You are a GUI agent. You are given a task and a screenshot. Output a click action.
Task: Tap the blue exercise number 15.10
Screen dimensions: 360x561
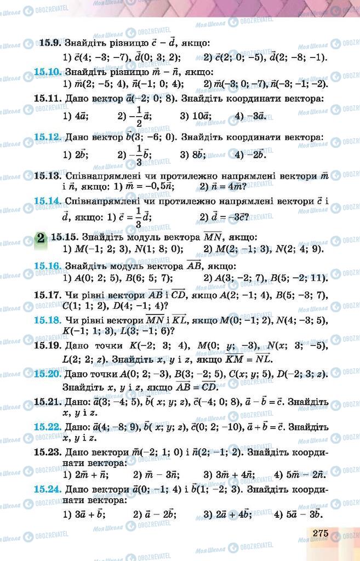pos(47,71)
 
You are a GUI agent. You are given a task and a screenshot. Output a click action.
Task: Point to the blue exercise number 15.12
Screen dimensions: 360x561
pos(47,137)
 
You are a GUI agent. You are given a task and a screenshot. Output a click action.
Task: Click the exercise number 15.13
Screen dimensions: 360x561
pos(47,176)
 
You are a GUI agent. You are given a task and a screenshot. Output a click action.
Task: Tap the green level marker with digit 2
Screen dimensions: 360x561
pos(41,238)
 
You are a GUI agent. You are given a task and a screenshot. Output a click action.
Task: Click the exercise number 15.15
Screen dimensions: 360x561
pos(64,238)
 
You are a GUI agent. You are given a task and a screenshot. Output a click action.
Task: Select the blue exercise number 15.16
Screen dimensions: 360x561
pos(47,266)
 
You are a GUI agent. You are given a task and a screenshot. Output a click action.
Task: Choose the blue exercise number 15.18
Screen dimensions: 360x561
pos(47,319)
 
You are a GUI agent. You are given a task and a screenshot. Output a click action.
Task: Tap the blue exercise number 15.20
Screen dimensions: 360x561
pos(47,374)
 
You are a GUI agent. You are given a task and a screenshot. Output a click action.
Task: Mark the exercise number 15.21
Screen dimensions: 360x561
pos(47,402)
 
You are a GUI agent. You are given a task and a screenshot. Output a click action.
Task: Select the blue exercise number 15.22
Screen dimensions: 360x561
pos(47,426)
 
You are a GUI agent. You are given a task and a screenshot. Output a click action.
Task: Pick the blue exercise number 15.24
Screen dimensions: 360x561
pos(47,488)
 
